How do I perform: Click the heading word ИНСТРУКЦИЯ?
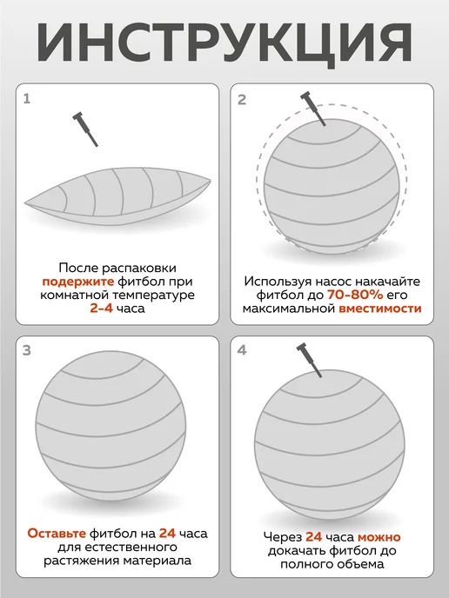point(224,43)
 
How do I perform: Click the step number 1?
point(26,99)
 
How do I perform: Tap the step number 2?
point(241,100)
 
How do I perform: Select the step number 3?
point(26,350)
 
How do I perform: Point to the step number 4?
point(242,350)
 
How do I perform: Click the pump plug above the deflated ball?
point(85,129)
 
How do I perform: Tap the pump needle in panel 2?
point(313,109)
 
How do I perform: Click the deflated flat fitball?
point(117,196)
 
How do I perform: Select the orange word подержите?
point(78,282)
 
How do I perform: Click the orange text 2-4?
point(102,309)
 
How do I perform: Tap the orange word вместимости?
point(380,309)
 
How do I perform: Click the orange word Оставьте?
point(57,533)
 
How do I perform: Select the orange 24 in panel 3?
point(167,533)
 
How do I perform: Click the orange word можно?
point(379,537)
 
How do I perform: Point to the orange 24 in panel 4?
point(314,537)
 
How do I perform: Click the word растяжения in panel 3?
point(81,561)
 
